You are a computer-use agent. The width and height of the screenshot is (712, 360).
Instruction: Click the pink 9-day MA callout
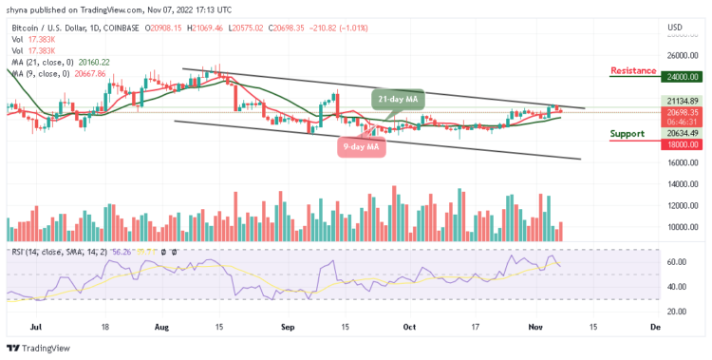pyautogui.click(x=362, y=146)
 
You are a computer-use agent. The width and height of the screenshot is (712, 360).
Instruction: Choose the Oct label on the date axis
pyautogui.click(x=407, y=326)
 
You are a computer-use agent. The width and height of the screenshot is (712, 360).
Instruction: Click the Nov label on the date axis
pyautogui.click(x=534, y=326)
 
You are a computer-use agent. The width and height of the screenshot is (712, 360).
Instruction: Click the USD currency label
pyautogui.click(x=675, y=27)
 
